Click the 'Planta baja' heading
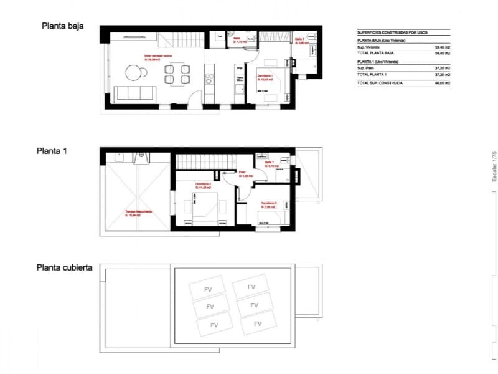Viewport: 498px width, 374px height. pos(62,26)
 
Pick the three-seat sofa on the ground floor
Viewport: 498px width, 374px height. pos(135,93)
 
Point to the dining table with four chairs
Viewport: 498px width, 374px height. pos(177,74)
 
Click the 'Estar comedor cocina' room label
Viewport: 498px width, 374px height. pos(159,57)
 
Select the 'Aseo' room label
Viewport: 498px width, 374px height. pos(237,40)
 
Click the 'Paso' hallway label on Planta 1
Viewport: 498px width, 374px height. pos(244,174)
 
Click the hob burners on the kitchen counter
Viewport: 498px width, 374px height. pos(209,78)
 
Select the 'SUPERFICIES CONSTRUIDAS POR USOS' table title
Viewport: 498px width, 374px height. pos(392,32)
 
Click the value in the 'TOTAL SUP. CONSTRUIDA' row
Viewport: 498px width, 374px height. pos(443,83)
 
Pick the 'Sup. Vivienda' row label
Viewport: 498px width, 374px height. pos(369,47)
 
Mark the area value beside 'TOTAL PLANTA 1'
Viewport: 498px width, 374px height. pos(443,74)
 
